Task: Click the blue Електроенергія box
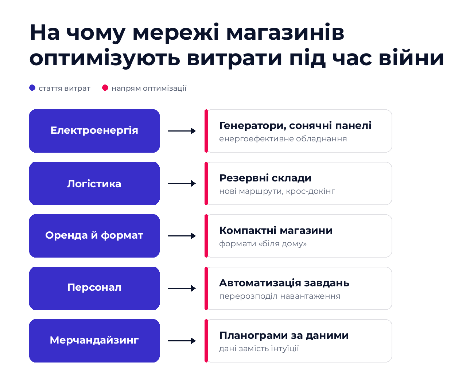click(94, 131)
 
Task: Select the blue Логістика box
click(94, 183)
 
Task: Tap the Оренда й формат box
click(94, 236)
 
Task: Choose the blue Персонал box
click(94, 288)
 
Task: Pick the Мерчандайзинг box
click(94, 341)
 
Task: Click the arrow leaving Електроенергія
click(182, 131)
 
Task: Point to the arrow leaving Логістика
click(182, 184)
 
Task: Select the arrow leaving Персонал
click(182, 289)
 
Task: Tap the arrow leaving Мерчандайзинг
click(182, 341)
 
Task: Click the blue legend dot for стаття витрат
click(32, 87)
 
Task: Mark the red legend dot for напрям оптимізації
click(105, 87)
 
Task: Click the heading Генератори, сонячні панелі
click(295, 126)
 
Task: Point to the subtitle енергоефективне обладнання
click(283, 139)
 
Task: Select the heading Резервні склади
click(265, 178)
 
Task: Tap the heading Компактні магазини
click(276, 231)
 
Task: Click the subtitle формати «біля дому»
click(263, 244)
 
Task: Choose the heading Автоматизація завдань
click(284, 283)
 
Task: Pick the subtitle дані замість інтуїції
click(259, 348)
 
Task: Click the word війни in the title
click(411, 58)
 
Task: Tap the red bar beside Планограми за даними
click(206, 341)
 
